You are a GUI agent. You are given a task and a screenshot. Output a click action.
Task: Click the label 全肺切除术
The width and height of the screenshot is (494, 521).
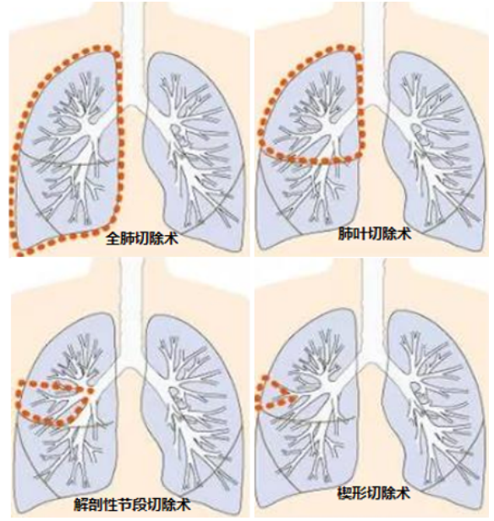[x=142, y=239]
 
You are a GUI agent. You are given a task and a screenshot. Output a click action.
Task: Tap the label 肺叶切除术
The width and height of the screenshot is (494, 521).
[x=375, y=233]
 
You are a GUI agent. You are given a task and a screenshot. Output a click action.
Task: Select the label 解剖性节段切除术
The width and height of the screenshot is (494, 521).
[x=132, y=504]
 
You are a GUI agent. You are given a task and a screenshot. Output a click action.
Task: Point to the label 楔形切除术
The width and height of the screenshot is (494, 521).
[x=374, y=493]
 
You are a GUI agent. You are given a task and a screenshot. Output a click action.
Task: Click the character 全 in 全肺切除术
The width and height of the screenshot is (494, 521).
[x=113, y=239]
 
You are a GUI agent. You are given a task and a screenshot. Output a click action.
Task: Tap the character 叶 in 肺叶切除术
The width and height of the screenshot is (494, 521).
[x=360, y=233]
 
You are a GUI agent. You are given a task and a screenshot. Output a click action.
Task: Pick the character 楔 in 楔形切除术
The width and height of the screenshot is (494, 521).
[x=344, y=493]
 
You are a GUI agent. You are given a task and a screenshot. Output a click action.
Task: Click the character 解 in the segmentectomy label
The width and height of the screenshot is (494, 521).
[x=80, y=504]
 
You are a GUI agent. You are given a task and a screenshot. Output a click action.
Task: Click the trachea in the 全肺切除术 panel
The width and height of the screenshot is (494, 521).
[x=134, y=53]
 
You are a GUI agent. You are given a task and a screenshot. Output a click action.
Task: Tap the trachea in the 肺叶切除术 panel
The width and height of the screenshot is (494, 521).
[x=374, y=53]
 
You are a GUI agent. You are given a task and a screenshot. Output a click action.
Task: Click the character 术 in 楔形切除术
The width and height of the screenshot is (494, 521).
[x=403, y=493]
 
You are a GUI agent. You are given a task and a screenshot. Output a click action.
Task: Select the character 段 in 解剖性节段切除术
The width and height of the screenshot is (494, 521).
[x=140, y=504]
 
